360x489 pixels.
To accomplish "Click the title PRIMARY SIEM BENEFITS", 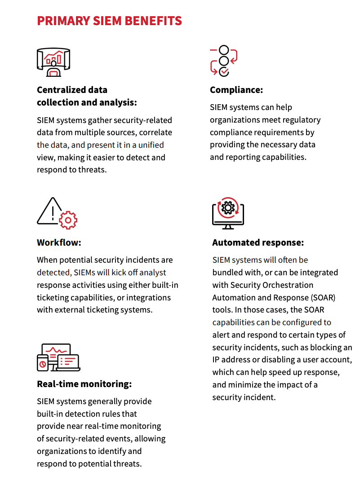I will coord(109,21).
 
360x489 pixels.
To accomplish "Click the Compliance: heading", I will coord(236,90).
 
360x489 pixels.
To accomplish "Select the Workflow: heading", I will coord(59,243).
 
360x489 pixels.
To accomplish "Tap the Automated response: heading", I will coord(258,243).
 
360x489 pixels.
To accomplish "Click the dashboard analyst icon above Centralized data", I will coord(53,62).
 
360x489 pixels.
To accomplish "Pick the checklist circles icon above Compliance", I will coord(223,61).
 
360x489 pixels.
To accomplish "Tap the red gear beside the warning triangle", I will coord(68,220).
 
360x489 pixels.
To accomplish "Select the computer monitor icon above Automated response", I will coord(228,212).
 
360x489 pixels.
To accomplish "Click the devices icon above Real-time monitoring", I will coord(58,357).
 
